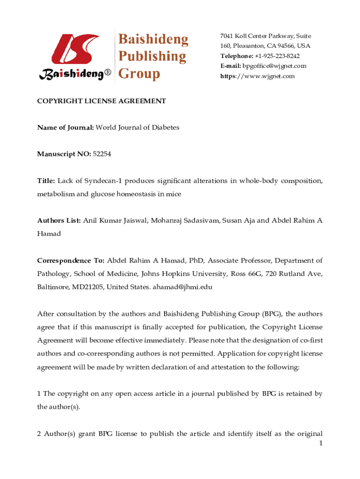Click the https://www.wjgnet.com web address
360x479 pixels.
258,76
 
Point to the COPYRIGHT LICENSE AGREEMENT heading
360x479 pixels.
101,101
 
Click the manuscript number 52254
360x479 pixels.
102,154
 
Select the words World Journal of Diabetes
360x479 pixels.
137,127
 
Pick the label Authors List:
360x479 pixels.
59,220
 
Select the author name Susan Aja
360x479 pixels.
240,220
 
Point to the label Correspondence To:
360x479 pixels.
71,261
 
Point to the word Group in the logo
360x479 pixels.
139,73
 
